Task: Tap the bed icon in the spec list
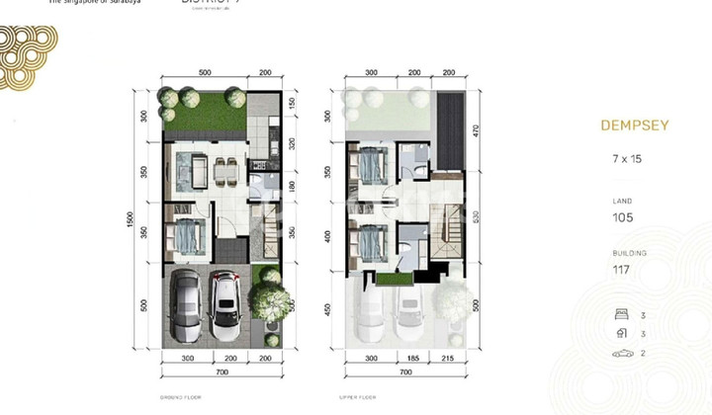(620, 316)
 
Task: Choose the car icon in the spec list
(621, 353)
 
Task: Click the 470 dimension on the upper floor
(477, 128)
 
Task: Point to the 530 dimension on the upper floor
(477, 217)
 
